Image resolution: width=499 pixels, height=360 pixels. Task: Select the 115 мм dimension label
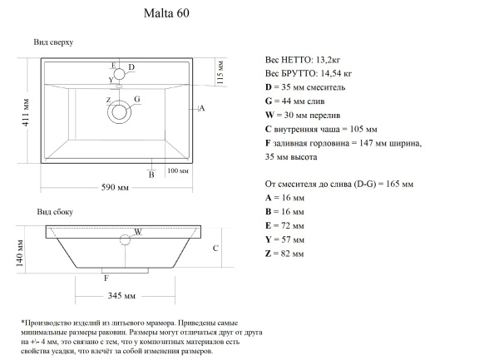coord(220,72)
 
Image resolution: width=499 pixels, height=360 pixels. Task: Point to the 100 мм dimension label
coord(178,170)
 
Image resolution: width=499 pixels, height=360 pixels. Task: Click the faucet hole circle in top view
coord(121,72)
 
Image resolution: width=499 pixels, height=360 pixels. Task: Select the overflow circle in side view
coord(126,241)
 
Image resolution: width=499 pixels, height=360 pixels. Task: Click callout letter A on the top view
coord(202,109)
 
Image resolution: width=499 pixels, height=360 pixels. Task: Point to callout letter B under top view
coord(151,175)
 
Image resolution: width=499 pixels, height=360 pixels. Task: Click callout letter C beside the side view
coord(215,248)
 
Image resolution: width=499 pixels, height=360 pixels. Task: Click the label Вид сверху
coord(53,42)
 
